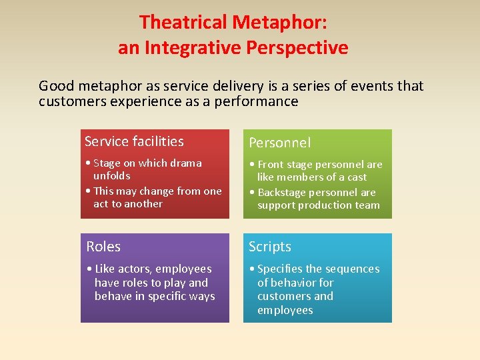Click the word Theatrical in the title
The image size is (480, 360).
point(183,22)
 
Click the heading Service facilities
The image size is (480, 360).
point(134,141)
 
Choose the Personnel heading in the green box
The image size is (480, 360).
point(279,143)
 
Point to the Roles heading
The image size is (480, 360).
point(103,247)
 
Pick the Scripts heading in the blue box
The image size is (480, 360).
point(270,247)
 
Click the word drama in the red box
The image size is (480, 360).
point(187,163)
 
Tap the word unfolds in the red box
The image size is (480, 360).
point(112,176)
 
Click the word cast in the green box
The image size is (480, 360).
point(375,177)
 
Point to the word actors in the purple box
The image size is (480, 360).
point(136,269)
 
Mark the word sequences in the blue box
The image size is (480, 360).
point(351,269)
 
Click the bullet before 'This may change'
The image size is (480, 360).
point(88,191)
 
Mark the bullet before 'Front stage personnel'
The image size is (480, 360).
point(252,165)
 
